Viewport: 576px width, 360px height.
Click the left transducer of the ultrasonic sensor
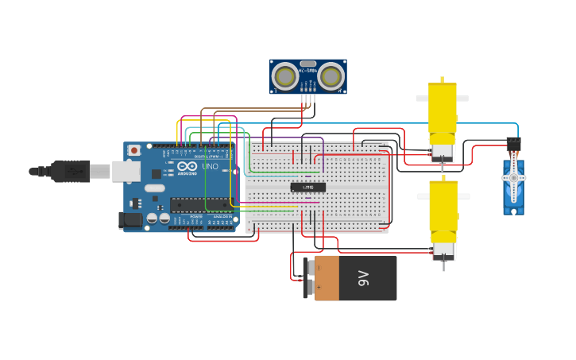pyautogui.click(x=284, y=76)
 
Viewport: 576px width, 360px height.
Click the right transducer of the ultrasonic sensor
pyautogui.click(x=332, y=76)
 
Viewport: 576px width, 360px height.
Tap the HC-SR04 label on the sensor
pyautogui.click(x=308, y=71)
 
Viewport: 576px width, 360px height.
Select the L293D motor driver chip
pyautogui.click(x=307, y=188)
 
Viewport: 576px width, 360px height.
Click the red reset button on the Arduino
pyautogui.click(x=134, y=150)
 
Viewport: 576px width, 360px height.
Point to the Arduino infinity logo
pyautogui.click(x=187, y=165)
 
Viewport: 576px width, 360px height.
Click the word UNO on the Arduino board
pyautogui.click(x=210, y=166)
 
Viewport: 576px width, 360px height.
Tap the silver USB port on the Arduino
pyautogui.click(x=126, y=171)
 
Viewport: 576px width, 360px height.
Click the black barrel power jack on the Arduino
pyautogui.click(x=130, y=219)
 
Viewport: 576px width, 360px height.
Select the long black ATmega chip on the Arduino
pyautogui.click(x=202, y=204)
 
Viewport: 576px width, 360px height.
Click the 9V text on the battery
pyautogui.click(x=364, y=278)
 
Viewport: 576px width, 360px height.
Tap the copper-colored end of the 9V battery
pyautogui.click(x=327, y=278)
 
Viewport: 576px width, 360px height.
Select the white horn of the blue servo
pyautogui.click(x=513, y=177)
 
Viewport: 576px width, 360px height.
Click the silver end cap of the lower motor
pyautogui.click(x=443, y=250)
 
